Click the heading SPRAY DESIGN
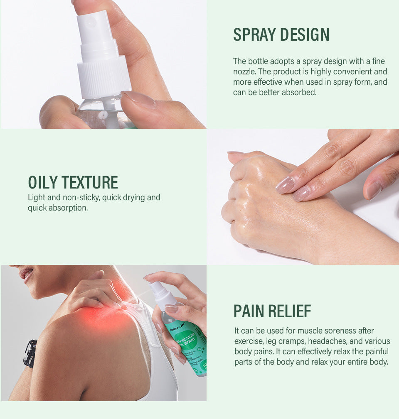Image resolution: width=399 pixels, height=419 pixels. tap(281, 35)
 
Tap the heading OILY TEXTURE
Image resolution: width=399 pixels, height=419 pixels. tap(73, 183)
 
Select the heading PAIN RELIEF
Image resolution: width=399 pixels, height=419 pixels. tap(272, 311)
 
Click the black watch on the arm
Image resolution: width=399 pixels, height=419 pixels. tap(30, 353)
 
